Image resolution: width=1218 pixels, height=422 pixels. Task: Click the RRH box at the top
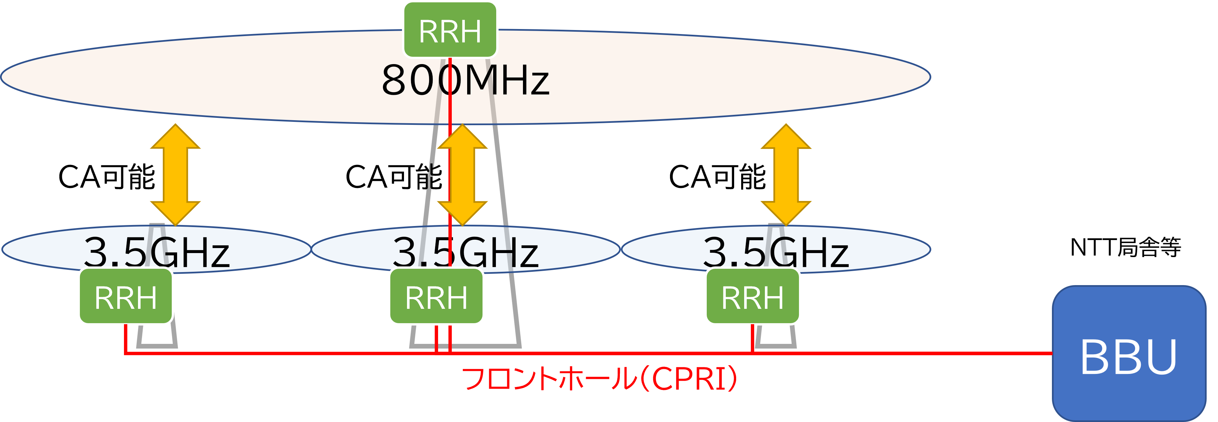[x=450, y=30]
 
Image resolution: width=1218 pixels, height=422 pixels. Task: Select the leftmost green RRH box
[x=126, y=297]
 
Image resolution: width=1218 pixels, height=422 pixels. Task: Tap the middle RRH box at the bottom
[x=436, y=297]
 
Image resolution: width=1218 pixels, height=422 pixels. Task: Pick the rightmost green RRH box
[x=752, y=297]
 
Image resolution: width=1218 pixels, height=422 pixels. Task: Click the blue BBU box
[x=1129, y=354]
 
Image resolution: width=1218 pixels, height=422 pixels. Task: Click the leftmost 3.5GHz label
[x=156, y=252]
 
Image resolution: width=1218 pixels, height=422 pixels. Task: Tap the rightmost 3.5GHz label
[x=776, y=252]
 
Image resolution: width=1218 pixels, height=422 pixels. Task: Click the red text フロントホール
[x=548, y=379]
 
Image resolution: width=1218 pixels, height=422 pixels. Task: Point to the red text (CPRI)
[x=688, y=379]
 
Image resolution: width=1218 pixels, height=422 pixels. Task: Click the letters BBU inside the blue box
[x=1129, y=357]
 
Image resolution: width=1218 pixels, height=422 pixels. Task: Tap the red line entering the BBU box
[x=993, y=353]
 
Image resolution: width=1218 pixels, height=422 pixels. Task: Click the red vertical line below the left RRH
[x=126, y=338]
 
